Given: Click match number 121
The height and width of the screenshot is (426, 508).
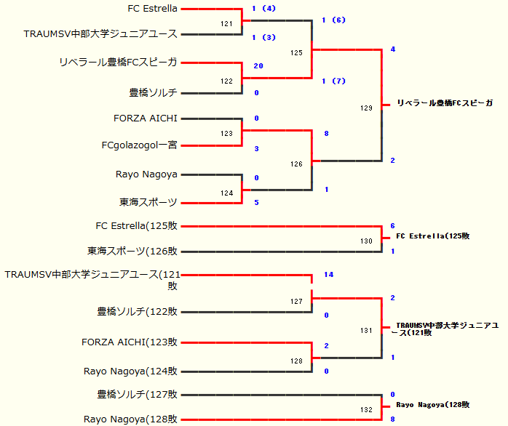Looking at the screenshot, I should (x=227, y=24).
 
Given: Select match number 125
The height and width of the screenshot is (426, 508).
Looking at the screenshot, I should (x=296, y=52).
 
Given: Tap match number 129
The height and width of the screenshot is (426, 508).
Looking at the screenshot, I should (x=366, y=108).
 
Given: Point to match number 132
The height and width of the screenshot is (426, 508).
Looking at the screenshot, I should (x=366, y=410).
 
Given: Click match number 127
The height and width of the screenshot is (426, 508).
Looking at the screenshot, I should (x=296, y=301).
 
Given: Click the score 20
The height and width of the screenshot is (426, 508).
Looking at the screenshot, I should (x=258, y=65).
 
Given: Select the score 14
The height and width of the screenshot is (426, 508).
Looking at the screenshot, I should (x=329, y=275).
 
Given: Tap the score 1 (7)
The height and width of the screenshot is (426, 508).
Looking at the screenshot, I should (x=333, y=81).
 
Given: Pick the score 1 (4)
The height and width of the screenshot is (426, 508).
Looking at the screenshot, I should (x=263, y=9).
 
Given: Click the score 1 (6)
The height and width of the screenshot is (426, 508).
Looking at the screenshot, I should (x=333, y=20).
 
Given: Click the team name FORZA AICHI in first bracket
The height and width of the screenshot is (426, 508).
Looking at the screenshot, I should (x=146, y=118).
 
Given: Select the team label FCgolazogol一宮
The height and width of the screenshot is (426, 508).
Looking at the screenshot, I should (x=140, y=145).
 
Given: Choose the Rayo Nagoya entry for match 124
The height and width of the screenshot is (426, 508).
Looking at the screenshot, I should (x=146, y=174).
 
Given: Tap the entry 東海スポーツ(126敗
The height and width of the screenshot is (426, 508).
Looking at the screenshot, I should (x=132, y=252).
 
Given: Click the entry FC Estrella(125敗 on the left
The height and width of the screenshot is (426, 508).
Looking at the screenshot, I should (x=137, y=226).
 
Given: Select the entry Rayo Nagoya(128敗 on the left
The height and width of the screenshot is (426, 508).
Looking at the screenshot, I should (x=131, y=419).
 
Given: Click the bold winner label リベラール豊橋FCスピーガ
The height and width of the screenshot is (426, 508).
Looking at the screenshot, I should (x=444, y=104).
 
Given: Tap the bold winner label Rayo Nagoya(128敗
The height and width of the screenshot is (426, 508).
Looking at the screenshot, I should (x=432, y=405).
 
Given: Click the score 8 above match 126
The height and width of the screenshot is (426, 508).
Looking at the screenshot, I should (x=327, y=134).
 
